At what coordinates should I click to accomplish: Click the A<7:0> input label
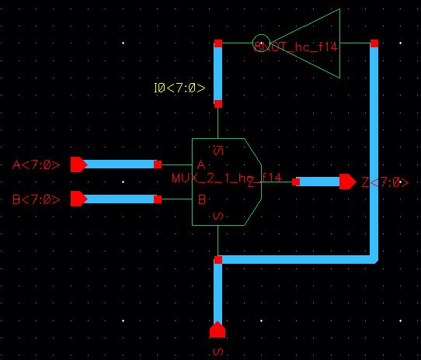tap(36, 164)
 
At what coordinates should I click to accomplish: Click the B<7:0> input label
tap(36, 199)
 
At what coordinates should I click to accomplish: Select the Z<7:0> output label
tap(384, 182)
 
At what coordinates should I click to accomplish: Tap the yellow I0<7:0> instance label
tap(179, 88)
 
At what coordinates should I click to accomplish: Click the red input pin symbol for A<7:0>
tap(78, 164)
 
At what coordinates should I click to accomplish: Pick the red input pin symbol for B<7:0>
tap(78, 199)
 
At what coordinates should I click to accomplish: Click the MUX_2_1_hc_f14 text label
tap(225, 178)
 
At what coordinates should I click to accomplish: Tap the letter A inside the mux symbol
tap(201, 164)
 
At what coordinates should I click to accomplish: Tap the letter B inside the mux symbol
tap(201, 199)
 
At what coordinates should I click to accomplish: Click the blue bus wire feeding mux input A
tap(120, 164)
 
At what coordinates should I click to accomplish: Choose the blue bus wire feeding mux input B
tap(120, 199)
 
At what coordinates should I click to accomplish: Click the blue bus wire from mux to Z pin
tap(318, 182)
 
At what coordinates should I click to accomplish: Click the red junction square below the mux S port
tap(218, 259)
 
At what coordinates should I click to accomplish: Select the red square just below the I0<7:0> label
tap(218, 103)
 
